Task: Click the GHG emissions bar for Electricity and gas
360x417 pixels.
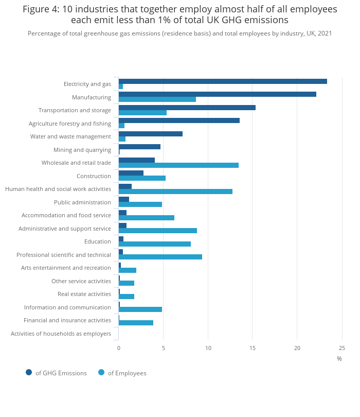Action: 223,81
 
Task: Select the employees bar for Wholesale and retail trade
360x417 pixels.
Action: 178,165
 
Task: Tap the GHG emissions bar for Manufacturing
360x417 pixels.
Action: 217,94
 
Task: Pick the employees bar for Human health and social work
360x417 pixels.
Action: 175,192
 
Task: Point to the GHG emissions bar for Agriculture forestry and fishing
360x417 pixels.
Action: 179,120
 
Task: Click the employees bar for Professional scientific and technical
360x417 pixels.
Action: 160,257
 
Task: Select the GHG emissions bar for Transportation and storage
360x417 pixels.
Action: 187,108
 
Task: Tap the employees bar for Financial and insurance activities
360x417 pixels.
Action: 136,323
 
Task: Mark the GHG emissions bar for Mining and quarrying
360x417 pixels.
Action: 139,147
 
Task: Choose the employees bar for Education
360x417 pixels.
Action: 154,244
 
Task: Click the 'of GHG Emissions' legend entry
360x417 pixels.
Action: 56,373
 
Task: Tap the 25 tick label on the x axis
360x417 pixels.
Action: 342,349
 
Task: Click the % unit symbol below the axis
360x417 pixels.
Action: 339,359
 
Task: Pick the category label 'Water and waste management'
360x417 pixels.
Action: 70,136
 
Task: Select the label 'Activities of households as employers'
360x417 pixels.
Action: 61,334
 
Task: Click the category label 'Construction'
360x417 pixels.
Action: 94,176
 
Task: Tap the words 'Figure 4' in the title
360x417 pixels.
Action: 41,9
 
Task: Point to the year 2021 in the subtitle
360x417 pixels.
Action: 324,33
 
